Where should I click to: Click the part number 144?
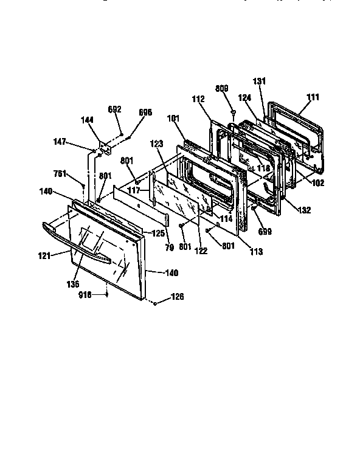[x=88, y=120]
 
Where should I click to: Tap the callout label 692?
[x=115, y=109]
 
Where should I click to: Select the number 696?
[x=145, y=112]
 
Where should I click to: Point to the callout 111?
[x=313, y=97]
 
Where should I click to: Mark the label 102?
[x=317, y=182]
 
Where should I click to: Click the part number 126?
[x=177, y=297]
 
